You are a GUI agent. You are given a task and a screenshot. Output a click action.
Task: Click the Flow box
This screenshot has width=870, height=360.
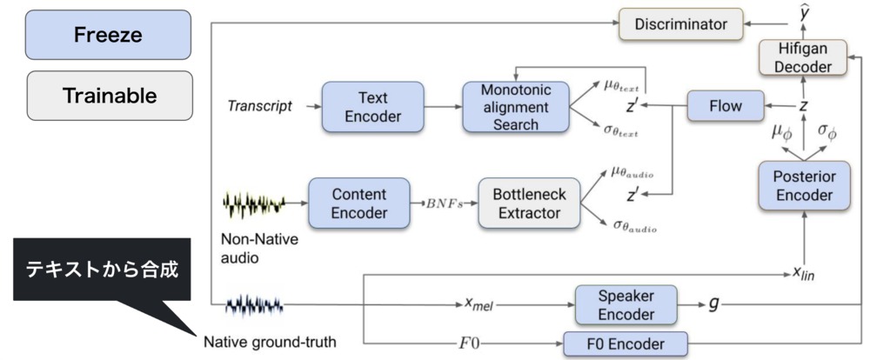[x=725, y=106]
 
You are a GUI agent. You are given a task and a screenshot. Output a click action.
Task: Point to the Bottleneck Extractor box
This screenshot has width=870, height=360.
[x=529, y=203]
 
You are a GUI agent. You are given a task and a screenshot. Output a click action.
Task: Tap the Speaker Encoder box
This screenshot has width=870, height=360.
[x=626, y=304]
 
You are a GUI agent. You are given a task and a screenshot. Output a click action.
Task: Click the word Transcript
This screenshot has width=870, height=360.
[x=258, y=107]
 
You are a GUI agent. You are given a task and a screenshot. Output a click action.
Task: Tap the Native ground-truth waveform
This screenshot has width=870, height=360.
[x=252, y=305]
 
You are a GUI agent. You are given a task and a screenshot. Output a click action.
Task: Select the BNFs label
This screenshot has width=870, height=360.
[x=444, y=204]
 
